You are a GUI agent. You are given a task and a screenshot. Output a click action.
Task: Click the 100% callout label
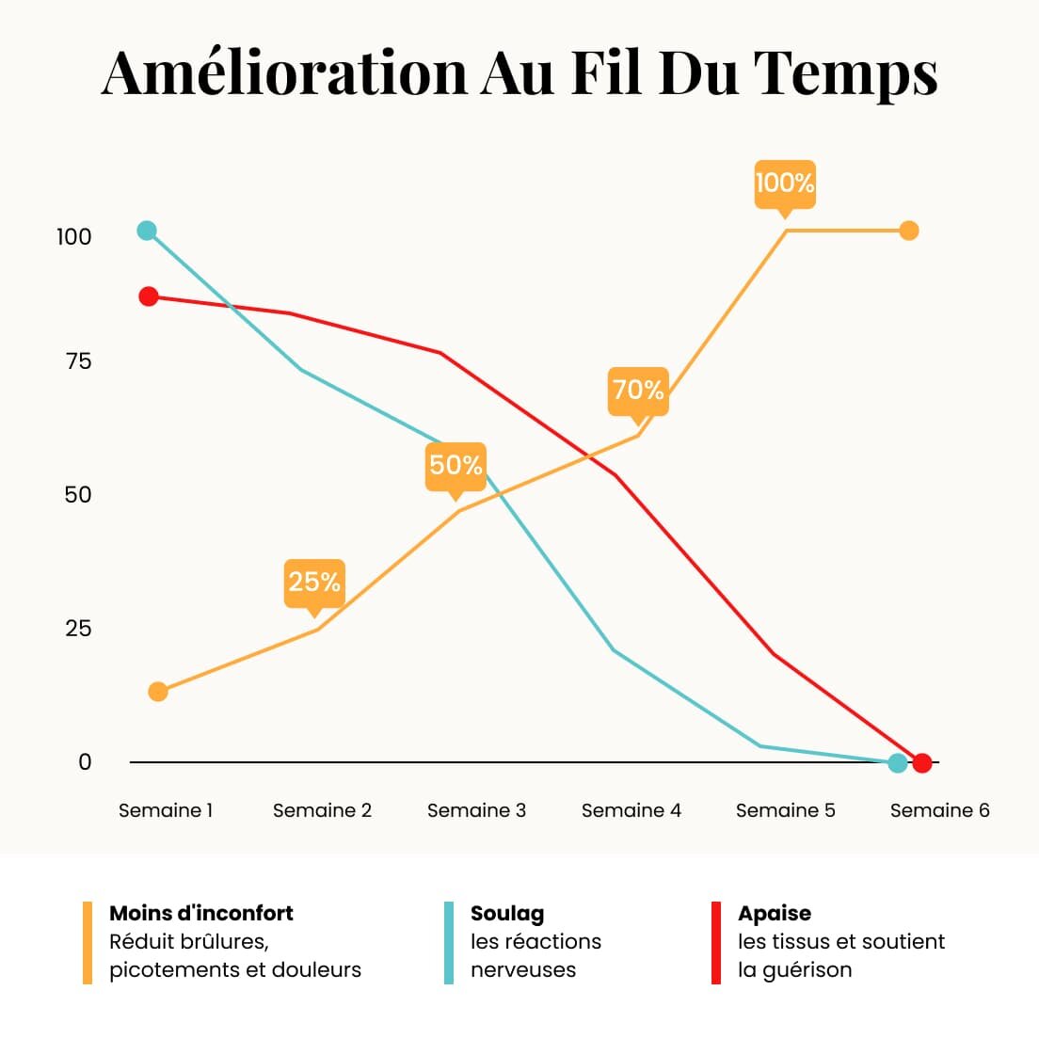785,184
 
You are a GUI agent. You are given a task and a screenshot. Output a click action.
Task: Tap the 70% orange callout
638,392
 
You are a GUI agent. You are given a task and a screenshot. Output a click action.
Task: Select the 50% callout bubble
456,467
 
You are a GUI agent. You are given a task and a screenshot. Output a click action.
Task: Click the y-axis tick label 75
78,361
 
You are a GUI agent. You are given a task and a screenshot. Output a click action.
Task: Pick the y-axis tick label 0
84,762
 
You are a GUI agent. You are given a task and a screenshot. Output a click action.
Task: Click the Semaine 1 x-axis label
165,810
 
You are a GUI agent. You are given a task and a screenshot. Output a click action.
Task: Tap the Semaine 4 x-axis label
631,810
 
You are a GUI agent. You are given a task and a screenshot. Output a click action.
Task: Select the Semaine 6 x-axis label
939,810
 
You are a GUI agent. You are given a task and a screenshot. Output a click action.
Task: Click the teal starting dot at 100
147,231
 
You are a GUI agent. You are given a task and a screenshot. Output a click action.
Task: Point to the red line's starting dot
149,296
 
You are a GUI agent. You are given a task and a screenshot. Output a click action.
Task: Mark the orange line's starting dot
158,692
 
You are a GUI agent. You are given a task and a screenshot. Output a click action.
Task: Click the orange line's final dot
909,231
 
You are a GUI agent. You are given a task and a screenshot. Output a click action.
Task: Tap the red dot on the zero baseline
922,763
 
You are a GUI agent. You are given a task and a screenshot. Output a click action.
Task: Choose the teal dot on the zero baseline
897,763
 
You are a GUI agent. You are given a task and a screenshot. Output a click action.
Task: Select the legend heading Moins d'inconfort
200,913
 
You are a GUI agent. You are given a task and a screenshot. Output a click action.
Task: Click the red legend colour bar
715,942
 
